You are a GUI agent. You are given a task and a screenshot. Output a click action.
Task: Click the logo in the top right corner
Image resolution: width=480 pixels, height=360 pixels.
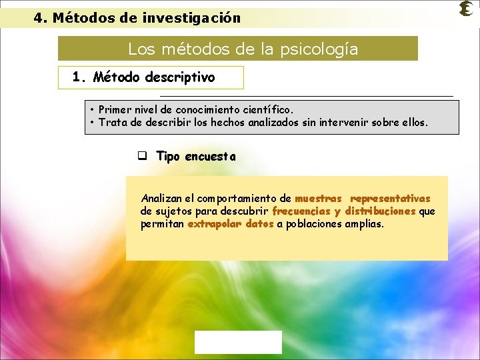click(x=467, y=9)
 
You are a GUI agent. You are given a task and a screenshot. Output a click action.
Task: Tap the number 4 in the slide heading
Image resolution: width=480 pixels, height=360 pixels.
click(x=38, y=18)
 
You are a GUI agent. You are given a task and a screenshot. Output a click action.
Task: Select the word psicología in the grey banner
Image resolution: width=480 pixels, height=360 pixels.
click(x=325, y=49)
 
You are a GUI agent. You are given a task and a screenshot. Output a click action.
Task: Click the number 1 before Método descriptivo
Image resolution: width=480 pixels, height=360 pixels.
click(x=77, y=77)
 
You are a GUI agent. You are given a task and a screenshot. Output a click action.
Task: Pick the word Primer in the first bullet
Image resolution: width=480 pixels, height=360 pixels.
click(x=113, y=109)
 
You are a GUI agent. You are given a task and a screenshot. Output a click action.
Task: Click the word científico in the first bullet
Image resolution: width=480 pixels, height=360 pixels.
click(x=269, y=109)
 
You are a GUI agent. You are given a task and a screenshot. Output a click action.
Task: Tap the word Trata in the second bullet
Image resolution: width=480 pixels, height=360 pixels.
click(x=112, y=122)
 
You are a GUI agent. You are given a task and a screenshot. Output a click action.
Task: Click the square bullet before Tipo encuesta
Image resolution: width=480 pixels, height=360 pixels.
click(x=142, y=157)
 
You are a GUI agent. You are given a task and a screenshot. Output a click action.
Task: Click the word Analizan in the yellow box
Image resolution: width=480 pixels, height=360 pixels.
click(x=160, y=198)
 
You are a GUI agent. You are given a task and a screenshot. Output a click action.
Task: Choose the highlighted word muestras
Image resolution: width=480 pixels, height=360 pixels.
click(x=318, y=198)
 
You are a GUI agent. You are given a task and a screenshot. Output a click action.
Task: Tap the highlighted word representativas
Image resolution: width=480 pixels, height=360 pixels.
click(x=390, y=198)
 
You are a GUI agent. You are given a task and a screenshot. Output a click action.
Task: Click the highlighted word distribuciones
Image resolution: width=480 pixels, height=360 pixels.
click(x=381, y=211)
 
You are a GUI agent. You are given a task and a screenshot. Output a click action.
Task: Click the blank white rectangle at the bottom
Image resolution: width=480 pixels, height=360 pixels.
click(x=238, y=342)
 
